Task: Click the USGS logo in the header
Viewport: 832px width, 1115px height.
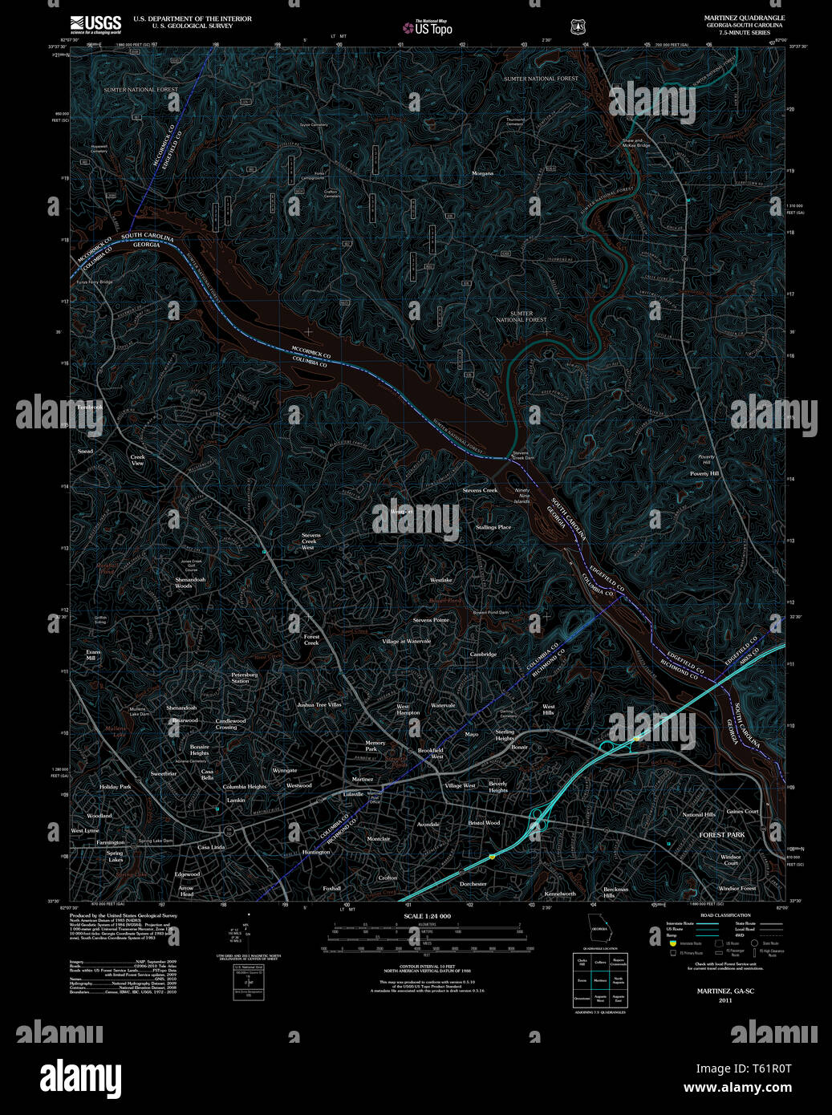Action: [95, 24]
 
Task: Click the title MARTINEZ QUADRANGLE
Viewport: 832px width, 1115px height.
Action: [745, 18]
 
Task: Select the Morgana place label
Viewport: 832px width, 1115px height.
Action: [482, 173]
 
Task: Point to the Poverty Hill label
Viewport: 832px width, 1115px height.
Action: [704, 473]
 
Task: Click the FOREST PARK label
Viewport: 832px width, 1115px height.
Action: [721, 835]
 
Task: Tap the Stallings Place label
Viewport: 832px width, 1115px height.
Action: [493, 527]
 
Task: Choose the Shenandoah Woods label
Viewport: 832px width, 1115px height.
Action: [190, 582]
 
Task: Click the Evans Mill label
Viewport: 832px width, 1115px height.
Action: [93, 655]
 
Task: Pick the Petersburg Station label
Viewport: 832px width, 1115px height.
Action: [244, 678]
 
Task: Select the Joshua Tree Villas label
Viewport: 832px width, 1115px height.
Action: [319, 704]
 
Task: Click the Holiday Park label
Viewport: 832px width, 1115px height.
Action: [115, 787]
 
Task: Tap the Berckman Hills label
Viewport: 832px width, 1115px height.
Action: [615, 892]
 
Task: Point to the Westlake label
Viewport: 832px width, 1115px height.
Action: [440, 580]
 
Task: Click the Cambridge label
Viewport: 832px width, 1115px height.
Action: [482, 655]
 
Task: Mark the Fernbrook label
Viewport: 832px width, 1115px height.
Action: [89, 407]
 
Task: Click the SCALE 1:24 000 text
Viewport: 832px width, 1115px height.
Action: [427, 916]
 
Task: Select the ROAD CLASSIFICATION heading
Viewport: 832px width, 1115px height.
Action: [725, 915]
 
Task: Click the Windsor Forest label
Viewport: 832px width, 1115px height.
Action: [737, 889]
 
